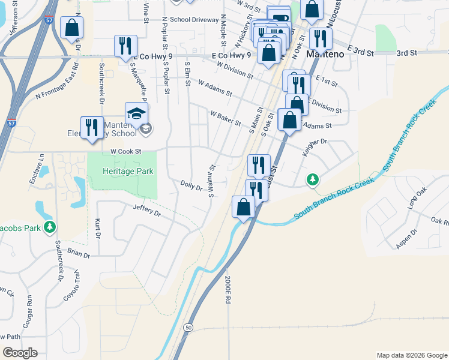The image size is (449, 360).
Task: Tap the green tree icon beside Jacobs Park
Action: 51,226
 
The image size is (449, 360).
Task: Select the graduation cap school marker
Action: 137,112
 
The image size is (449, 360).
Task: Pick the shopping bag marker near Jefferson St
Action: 72,27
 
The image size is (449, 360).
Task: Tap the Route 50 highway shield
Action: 188,328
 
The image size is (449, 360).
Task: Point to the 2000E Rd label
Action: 228,291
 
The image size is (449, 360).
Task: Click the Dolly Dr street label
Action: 191,186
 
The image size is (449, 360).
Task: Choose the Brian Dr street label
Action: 78,254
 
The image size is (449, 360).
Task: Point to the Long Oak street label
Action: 416,199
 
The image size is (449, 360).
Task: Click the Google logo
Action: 20,353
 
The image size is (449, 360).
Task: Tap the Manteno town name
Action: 325,54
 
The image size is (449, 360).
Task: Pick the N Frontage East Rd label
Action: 57,88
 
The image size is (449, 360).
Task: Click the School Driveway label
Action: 194,19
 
